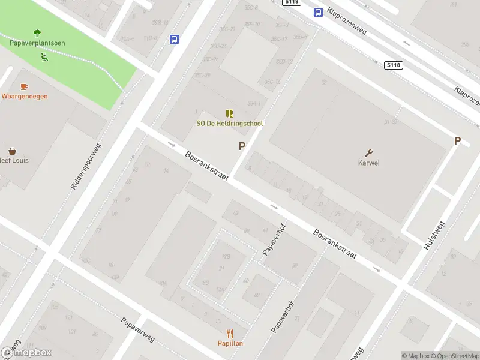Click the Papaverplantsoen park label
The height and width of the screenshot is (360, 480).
37,43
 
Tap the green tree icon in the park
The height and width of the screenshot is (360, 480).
37,33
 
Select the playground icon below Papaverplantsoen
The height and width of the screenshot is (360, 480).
44,57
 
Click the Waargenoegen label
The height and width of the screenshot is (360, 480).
25,96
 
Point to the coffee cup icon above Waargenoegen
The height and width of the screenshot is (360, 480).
24,86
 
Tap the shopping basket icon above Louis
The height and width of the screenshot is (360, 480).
12,151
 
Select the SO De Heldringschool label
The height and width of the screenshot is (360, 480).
230,124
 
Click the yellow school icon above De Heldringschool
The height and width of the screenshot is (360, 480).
229,113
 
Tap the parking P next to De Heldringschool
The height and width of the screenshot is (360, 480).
242,146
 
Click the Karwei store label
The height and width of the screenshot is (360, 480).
369,163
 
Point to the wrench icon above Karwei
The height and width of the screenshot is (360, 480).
369,152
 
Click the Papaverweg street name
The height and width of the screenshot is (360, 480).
137,329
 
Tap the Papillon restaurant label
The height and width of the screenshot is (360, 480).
230,343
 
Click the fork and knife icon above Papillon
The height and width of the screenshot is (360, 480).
230,334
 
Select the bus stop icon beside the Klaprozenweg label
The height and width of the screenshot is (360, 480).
317,12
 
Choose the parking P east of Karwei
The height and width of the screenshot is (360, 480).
457,141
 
